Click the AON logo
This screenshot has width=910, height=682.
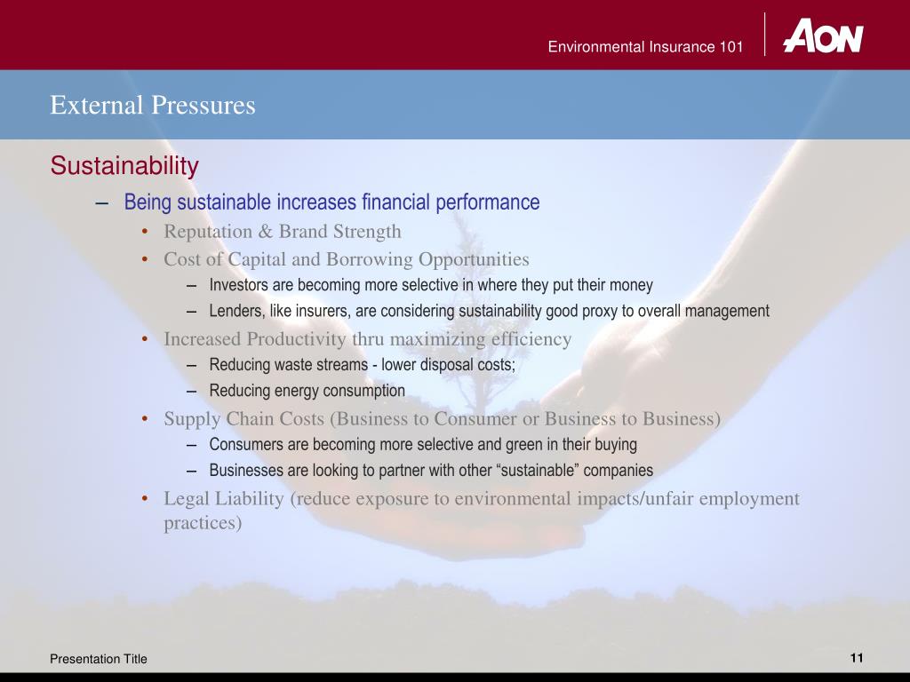click(822, 36)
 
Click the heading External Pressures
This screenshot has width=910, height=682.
click(153, 106)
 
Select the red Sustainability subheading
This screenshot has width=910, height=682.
click(124, 166)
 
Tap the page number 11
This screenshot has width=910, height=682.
click(857, 657)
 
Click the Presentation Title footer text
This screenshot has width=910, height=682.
click(99, 658)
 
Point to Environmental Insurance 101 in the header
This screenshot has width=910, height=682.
click(645, 47)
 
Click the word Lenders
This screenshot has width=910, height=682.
click(235, 311)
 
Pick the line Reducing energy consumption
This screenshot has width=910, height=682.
click(307, 391)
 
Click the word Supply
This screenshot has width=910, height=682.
click(189, 418)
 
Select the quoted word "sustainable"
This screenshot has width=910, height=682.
click(545, 471)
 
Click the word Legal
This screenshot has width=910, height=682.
click(186, 498)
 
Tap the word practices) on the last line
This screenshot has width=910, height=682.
click(203, 522)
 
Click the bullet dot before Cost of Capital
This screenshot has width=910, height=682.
click(144, 259)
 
